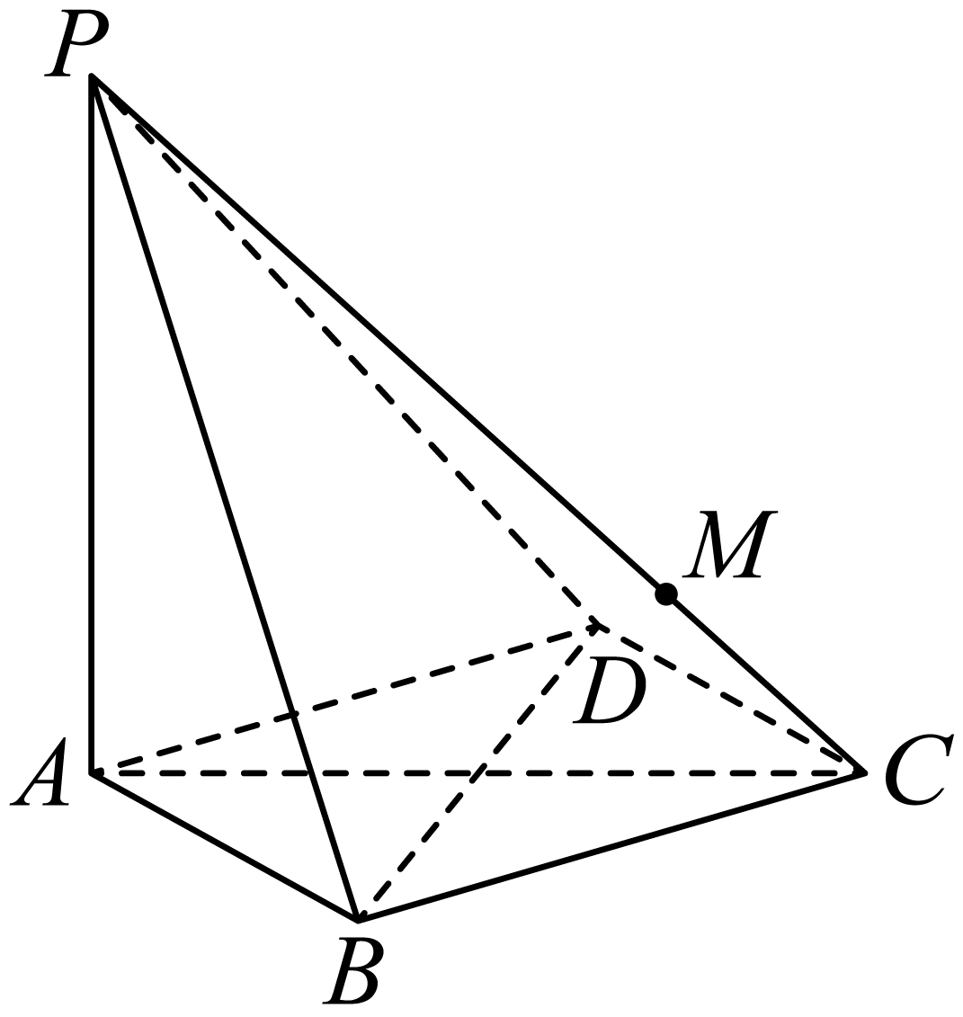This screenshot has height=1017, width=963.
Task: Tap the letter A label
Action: point(41,774)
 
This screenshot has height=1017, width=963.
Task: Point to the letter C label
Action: point(916,772)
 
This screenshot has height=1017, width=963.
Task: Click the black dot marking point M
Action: point(665,593)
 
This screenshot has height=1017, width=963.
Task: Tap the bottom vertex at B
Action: point(357,919)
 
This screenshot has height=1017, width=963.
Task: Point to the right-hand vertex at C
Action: point(864,772)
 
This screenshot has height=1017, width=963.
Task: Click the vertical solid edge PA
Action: point(93,424)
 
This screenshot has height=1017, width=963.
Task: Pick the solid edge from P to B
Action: point(226,497)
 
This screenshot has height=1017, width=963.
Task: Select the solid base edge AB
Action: point(225,846)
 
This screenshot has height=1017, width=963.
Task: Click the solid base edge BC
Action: point(611,846)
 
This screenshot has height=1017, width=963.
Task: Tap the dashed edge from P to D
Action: point(344,351)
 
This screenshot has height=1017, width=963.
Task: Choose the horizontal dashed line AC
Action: point(478,773)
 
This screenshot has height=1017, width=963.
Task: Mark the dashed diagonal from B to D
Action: point(476,772)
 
